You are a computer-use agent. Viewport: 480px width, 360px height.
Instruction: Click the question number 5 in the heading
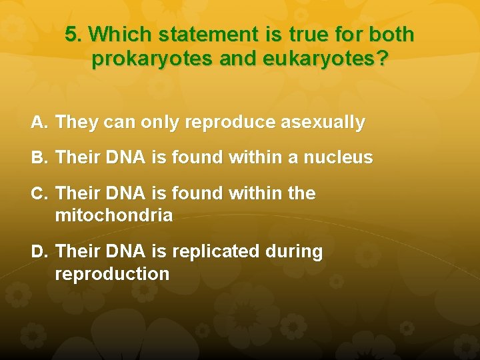72,35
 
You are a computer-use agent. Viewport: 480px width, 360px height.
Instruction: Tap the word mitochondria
114,215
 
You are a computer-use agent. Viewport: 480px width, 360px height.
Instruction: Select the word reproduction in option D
112,274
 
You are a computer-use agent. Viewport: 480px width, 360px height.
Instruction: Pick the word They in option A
77,123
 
